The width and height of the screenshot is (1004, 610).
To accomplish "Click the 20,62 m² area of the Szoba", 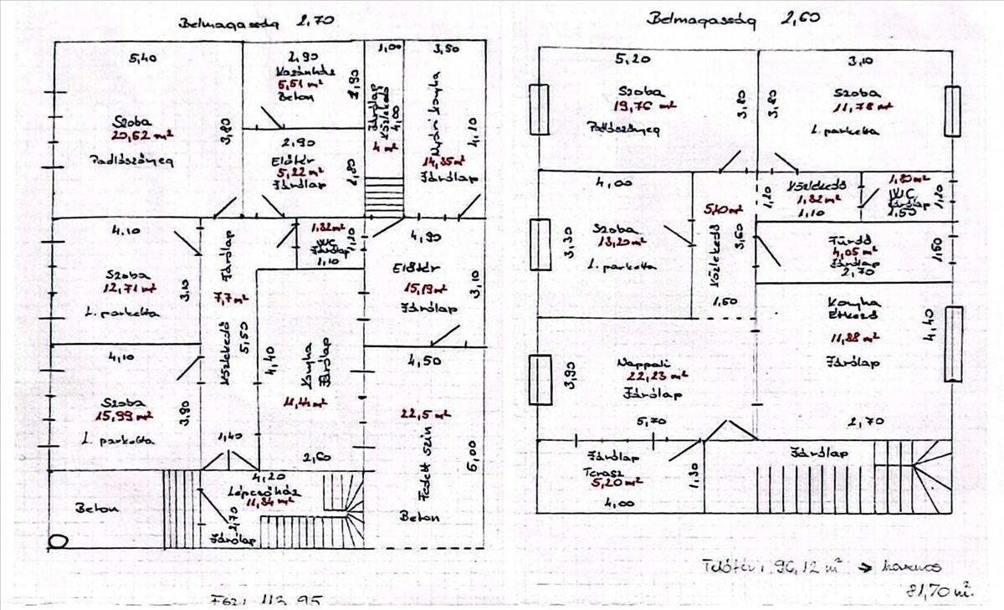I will pos(135,134).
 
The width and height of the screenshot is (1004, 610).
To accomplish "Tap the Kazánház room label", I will pos(305,71).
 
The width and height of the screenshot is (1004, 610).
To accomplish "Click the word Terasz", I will pos(608,471).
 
